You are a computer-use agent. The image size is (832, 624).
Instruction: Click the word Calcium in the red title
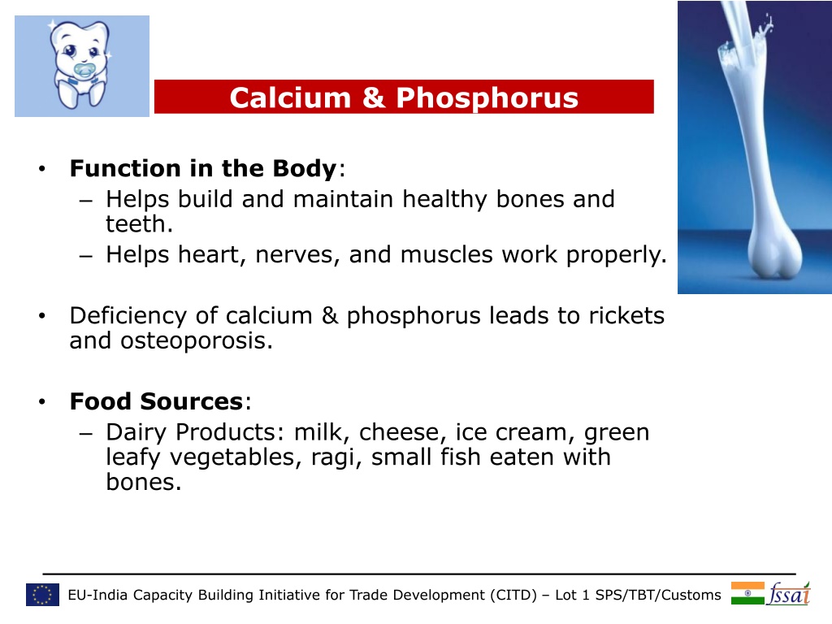pyautogui.click(x=290, y=97)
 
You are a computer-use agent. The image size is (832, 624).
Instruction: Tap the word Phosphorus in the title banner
pyautogui.click(x=487, y=98)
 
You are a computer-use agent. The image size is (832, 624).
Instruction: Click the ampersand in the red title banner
pyautogui.click(x=374, y=97)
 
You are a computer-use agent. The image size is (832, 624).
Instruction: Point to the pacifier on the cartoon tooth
pyautogui.click(x=84, y=70)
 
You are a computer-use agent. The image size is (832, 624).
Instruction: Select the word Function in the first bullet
pyautogui.click(x=125, y=168)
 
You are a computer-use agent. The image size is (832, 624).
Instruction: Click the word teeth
pyautogui.click(x=139, y=224)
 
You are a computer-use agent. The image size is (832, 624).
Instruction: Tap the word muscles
pyautogui.click(x=447, y=254)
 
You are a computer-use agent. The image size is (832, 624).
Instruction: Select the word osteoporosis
pyautogui.click(x=197, y=341)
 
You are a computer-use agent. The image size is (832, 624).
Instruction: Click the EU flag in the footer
pyautogui.click(x=42, y=595)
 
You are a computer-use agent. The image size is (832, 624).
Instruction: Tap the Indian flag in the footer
pyautogui.click(x=747, y=593)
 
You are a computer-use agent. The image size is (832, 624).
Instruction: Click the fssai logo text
pyautogui.click(x=790, y=593)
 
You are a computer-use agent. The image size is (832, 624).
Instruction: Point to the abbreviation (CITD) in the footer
pyautogui.click(x=513, y=595)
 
